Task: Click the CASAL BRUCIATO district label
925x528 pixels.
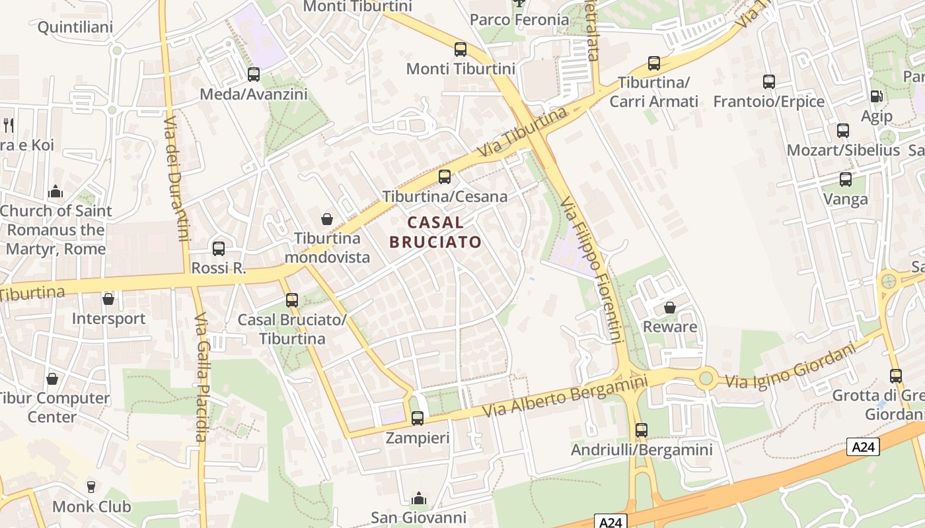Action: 435,232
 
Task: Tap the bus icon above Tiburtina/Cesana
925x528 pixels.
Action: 445,177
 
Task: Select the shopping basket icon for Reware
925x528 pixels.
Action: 670,308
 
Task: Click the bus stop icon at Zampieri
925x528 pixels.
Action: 417,418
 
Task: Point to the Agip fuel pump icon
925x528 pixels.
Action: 876,96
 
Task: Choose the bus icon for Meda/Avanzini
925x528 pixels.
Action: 254,75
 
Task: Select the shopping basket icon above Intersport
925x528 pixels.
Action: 108,299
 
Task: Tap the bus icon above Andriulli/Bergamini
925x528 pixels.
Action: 642,430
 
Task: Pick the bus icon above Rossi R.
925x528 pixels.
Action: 219,249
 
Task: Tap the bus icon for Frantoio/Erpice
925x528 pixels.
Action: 769,82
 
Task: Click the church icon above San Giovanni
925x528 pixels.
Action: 418,498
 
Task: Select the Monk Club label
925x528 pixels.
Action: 92,507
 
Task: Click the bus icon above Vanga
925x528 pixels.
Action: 846,179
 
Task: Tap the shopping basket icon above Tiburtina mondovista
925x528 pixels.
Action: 326,218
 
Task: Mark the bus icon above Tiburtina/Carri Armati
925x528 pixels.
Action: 654,63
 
